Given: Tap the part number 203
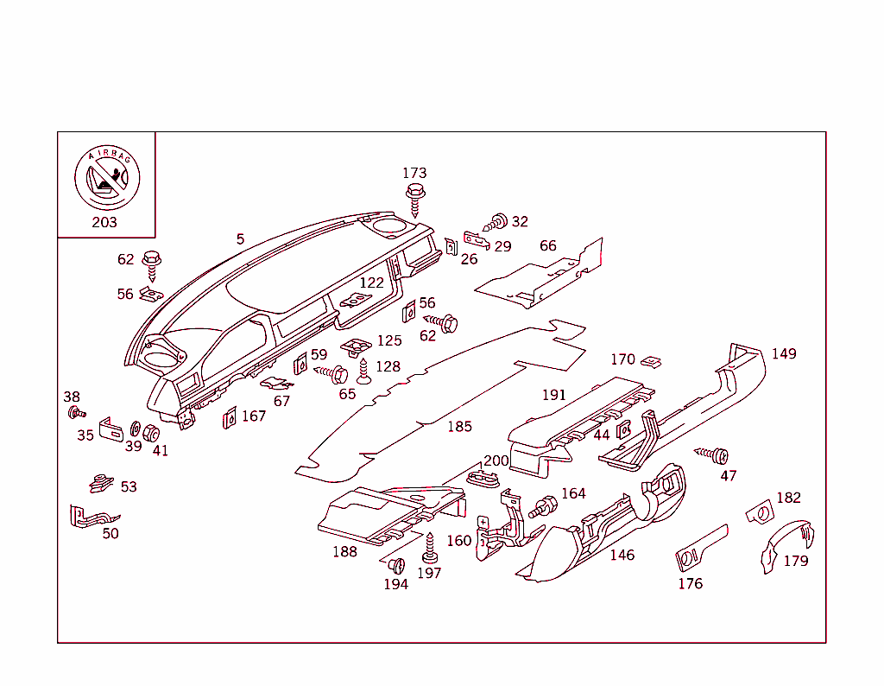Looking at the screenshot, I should point(104,222).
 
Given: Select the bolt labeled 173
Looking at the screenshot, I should point(415,197).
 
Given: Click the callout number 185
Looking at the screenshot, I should point(459,426).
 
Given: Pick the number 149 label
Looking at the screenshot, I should point(784,353).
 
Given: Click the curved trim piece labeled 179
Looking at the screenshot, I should point(786,543).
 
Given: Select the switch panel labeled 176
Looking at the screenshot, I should point(700,549).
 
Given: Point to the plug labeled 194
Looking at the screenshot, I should point(397,566).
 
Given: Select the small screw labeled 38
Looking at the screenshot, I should point(75,411).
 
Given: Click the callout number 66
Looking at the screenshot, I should point(548,245).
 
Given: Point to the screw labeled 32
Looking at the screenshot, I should point(496,222).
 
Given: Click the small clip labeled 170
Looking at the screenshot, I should point(654,361).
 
